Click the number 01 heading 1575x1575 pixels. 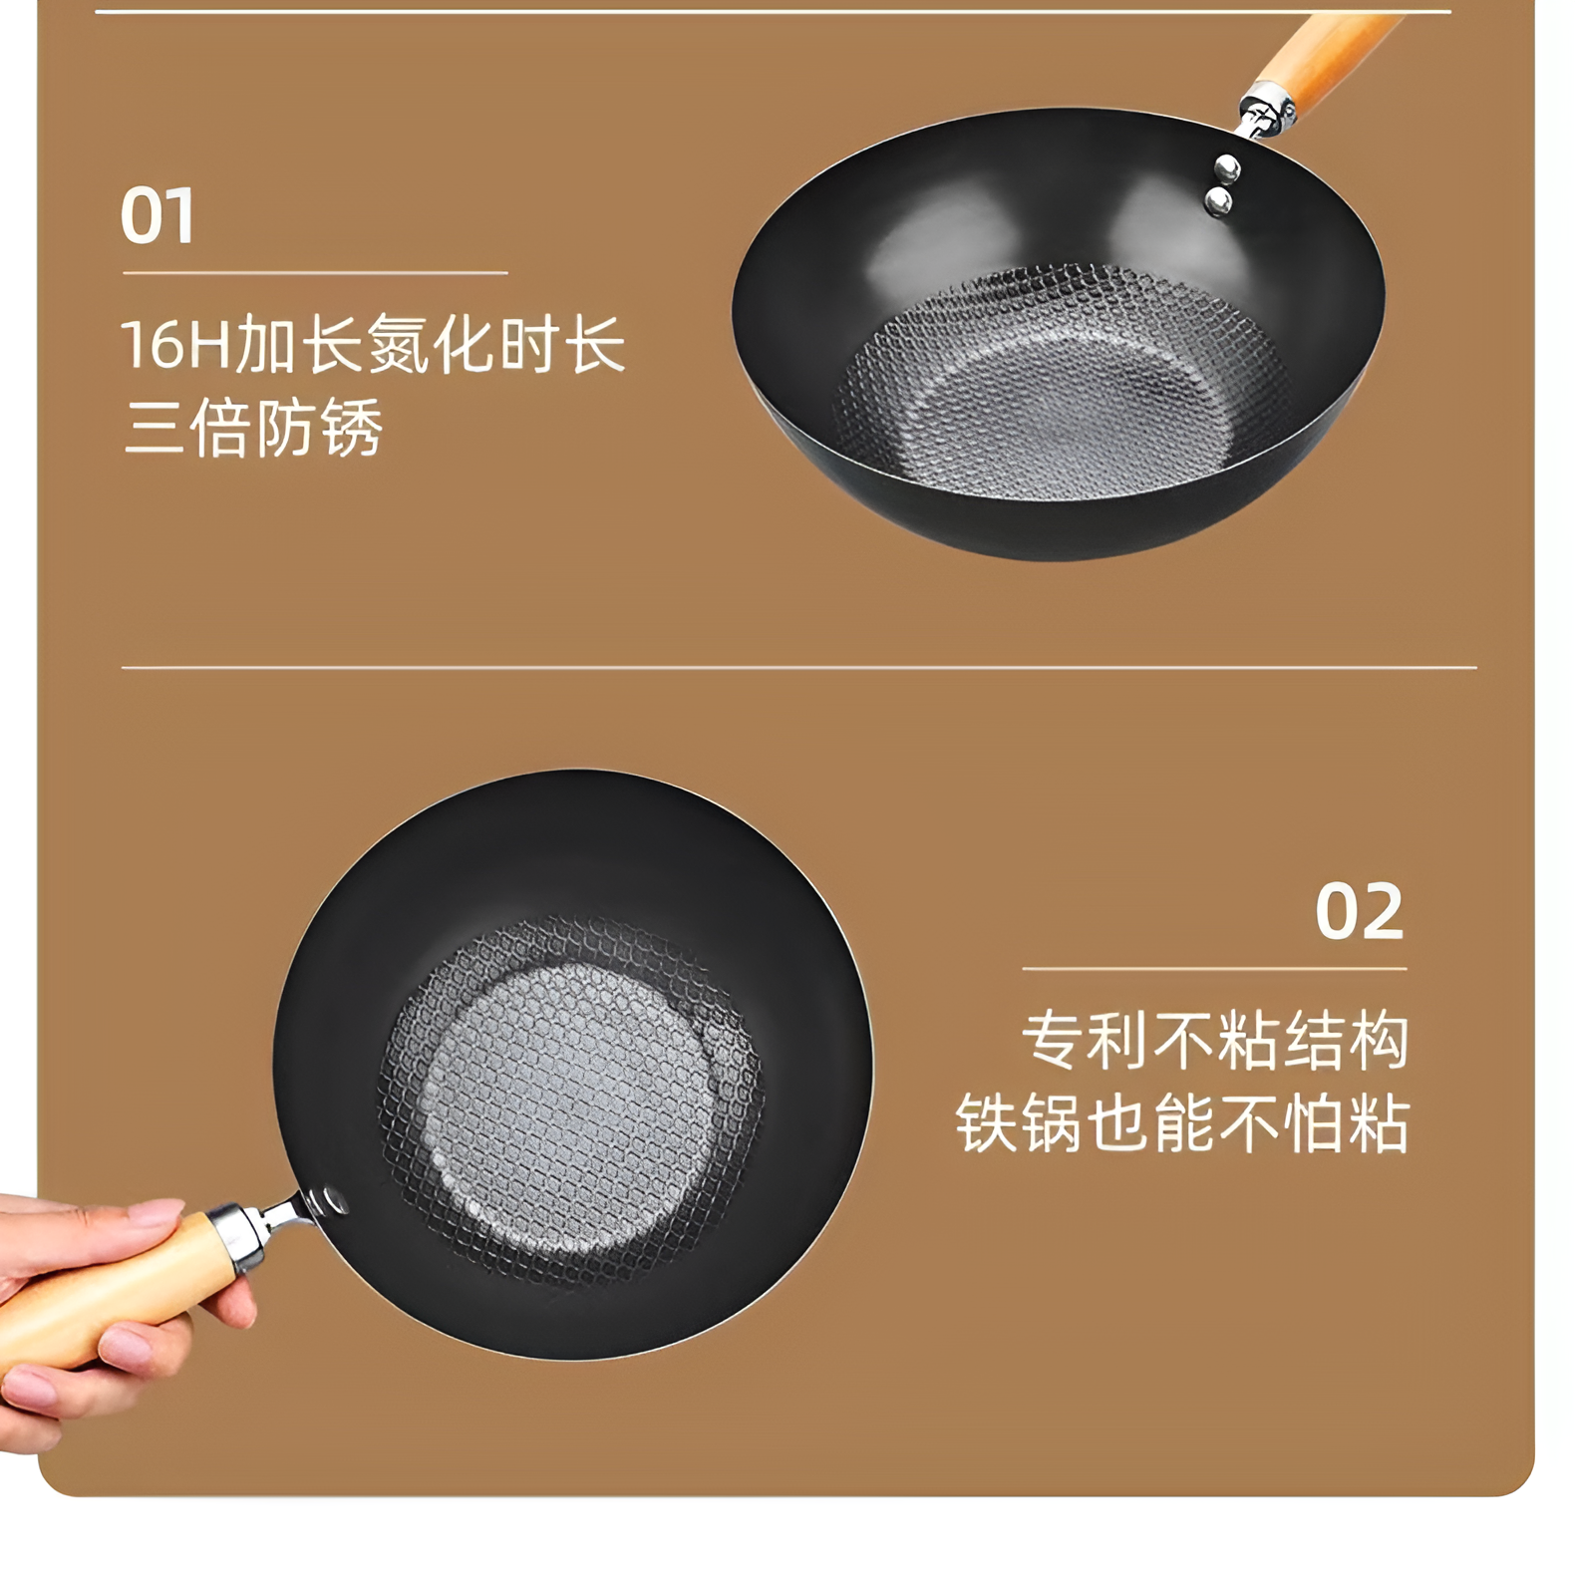157,216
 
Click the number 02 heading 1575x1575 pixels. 1359,912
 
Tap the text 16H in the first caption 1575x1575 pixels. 174,345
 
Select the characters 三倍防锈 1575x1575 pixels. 253,430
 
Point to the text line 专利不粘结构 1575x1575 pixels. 1215,1041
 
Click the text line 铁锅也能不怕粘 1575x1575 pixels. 1182,1124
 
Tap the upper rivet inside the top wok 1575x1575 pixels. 1228,167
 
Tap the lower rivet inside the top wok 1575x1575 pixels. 1218,203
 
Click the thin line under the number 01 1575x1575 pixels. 315,272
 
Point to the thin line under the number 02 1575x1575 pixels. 1214,968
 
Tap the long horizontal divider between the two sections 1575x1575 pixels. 797,667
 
